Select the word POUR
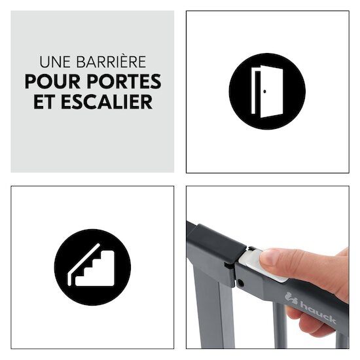coord(52,81)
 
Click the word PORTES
coord(124,81)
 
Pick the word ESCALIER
coord(107,101)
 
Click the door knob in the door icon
coord(264,92)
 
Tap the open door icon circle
coord(267,92)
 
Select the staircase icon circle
coord(92,267)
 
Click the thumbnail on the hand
coord(270,257)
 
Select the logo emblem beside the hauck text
coord(291,298)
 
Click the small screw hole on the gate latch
coord(240,282)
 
